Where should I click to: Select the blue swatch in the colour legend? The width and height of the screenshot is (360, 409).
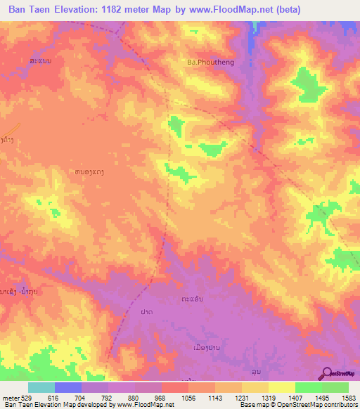coord(68,387)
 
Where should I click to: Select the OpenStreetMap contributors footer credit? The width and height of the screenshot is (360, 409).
coord(316,405)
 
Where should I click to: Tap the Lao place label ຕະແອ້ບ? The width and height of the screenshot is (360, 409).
coord(193,298)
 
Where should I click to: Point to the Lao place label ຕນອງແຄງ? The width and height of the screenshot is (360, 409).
coord(94,171)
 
